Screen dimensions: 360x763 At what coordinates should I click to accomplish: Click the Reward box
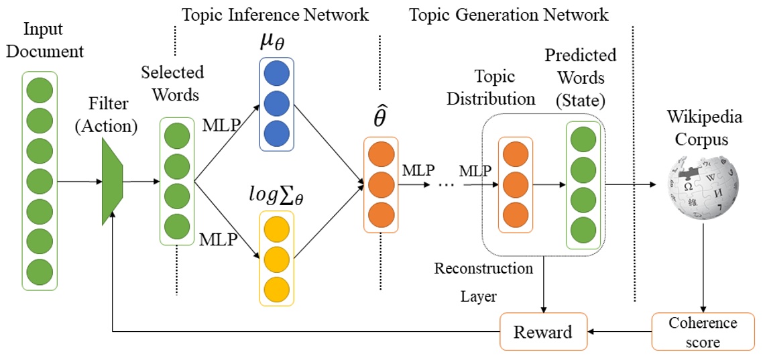click(543, 331)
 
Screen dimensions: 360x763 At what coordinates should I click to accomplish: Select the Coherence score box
click(702, 332)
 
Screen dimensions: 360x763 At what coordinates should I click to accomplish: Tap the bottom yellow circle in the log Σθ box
click(276, 289)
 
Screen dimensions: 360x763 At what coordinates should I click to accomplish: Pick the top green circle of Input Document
click(40, 89)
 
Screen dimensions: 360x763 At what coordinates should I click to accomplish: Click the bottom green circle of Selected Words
click(177, 226)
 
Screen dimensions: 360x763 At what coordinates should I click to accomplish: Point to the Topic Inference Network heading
click(276, 13)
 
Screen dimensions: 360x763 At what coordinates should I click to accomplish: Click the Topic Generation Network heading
click(510, 13)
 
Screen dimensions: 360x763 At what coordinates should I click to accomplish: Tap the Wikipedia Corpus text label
click(704, 128)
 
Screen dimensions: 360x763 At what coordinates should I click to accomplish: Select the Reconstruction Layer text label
click(483, 282)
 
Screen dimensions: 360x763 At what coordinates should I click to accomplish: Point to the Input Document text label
click(44, 40)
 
